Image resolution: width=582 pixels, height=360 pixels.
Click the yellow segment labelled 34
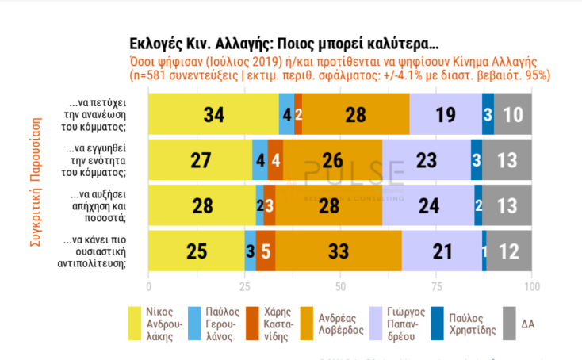pyautogui.click(x=213, y=113)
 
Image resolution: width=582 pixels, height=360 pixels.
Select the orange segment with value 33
pyautogui.click(x=339, y=251)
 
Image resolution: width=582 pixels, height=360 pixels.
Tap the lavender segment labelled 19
pyautogui.click(x=446, y=113)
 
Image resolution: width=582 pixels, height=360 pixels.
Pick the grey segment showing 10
pyautogui.click(x=513, y=113)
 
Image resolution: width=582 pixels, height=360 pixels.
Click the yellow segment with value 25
pyautogui.click(x=197, y=251)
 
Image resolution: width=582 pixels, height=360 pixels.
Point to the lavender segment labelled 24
pyautogui.click(x=428, y=205)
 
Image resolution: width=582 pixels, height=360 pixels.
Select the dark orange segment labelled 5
pyautogui.click(x=266, y=251)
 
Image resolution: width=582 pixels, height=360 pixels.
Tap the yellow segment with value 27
pyautogui.click(x=200, y=159)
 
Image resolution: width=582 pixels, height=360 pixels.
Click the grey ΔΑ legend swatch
pyautogui.click(x=504, y=322)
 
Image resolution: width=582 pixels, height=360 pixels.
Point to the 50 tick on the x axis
pyautogui.click(x=340, y=285)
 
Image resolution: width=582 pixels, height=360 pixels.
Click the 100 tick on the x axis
pyautogui.click(x=532, y=285)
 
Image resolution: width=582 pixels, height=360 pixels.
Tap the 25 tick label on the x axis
pyautogui.click(x=244, y=285)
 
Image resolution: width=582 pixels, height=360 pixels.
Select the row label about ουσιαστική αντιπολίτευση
pyautogui.click(x=101, y=251)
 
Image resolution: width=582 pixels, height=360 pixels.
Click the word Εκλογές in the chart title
pyautogui.click(x=156, y=43)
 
